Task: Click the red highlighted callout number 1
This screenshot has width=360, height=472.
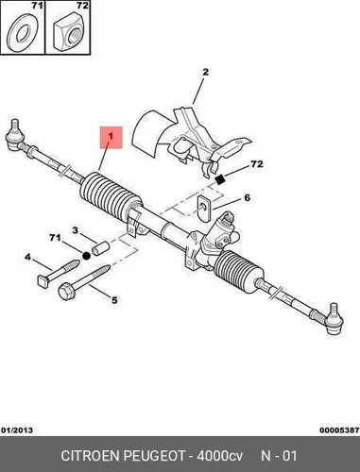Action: click(x=111, y=137)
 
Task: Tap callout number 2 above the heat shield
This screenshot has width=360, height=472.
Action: click(x=205, y=72)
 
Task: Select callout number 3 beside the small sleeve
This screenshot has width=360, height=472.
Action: click(x=75, y=230)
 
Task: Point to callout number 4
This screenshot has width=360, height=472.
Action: click(x=28, y=257)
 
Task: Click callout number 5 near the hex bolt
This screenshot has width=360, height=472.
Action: click(x=114, y=300)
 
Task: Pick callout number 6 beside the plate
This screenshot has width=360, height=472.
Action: click(x=247, y=197)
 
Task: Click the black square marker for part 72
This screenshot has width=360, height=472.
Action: click(x=220, y=179)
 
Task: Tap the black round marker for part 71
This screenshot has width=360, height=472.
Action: click(x=86, y=256)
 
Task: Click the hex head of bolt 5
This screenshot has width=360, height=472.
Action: click(x=66, y=291)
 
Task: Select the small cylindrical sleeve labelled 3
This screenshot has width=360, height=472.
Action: click(x=99, y=247)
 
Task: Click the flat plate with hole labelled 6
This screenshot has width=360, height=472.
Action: click(x=204, y=209)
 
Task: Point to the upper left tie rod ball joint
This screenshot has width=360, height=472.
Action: click(x=14, y=136)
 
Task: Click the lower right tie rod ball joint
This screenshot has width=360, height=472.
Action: click(x=334, y=319)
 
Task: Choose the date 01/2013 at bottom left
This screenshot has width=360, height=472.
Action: click(x=17, y=430)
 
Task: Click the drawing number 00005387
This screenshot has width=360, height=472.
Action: click(x=339, y=430)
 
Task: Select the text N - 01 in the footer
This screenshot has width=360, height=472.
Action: click(x=279, y=456)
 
